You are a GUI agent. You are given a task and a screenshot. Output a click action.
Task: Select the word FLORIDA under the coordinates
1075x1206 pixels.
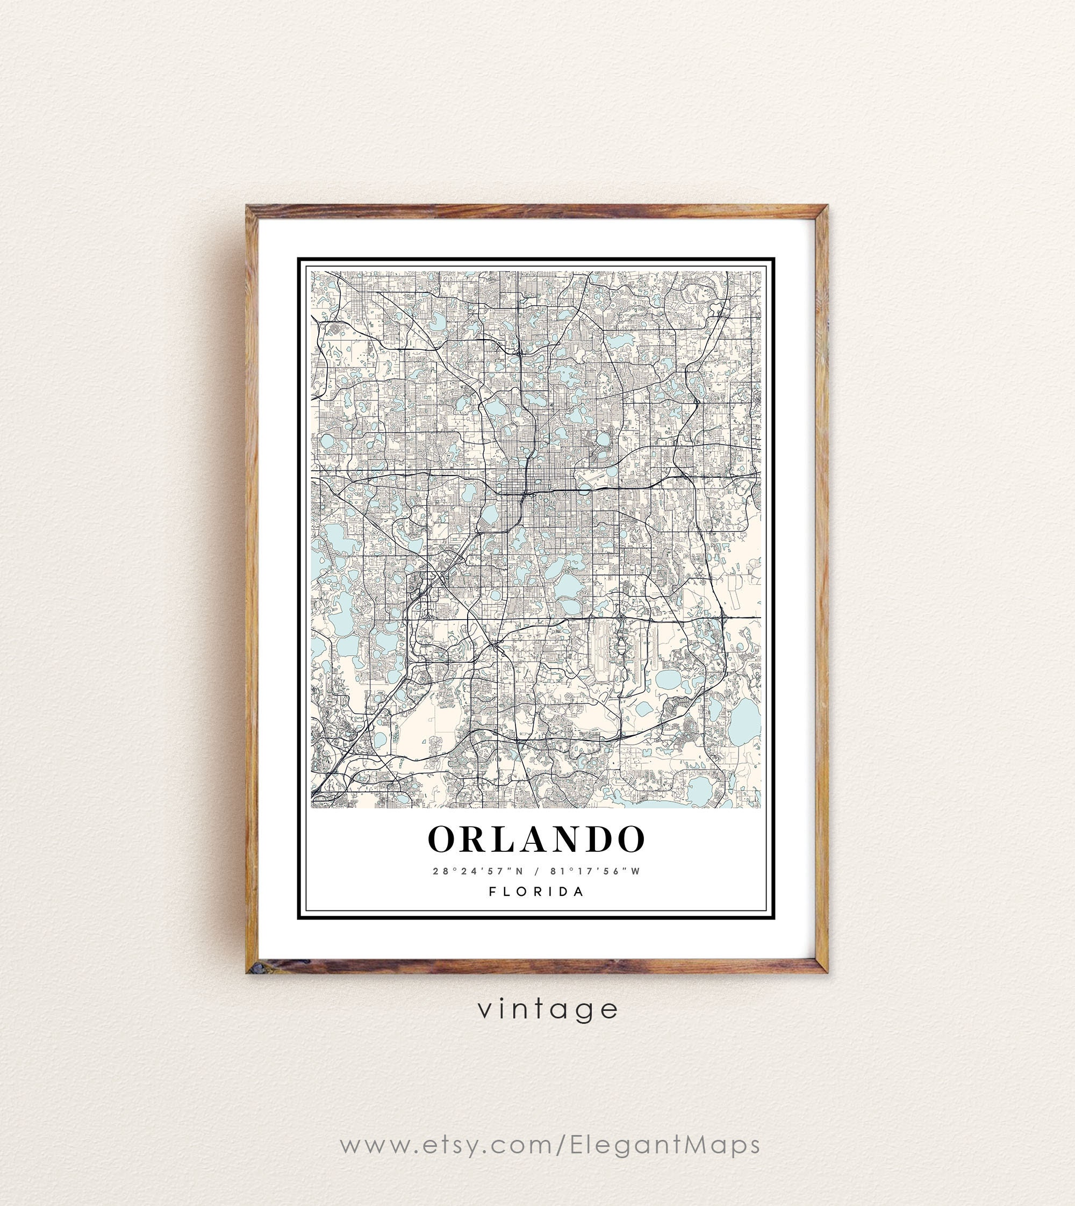point(537,892)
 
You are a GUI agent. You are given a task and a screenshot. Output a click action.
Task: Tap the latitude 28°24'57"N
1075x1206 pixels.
point(478,871)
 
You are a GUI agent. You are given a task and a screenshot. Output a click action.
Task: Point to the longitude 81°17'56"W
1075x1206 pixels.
point(595,871)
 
